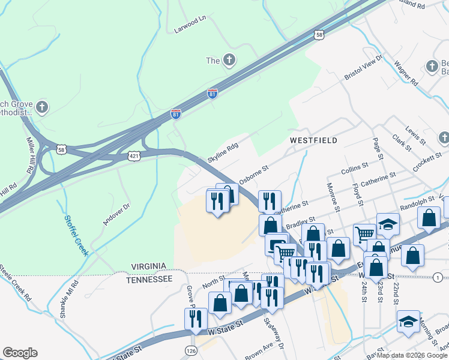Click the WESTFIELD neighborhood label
point(313,140)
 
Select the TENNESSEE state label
point(150,279)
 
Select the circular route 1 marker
point(439,277)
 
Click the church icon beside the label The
point(228,60)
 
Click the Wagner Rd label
point(406,73)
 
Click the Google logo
point(20,353)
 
